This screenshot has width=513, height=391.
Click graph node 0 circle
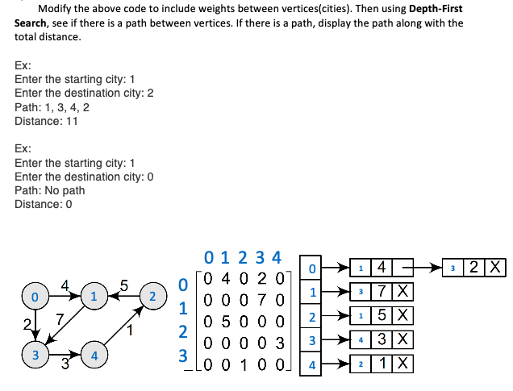[x=34, y=297]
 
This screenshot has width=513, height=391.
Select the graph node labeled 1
[x=94, y=297]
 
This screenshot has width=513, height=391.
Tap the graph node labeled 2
[x=152, y=297]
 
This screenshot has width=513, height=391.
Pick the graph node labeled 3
[x=34, y=354]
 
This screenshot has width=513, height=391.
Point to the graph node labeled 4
[x=94, y=354]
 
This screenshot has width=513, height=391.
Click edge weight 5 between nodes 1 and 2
[x=123, y=284]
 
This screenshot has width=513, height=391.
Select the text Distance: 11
[x=46, y=121]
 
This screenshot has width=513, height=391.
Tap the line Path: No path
[x=49, y=190]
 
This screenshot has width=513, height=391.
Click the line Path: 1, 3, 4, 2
[x=52, y=107]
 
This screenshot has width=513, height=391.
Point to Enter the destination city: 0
[x=84, y=177]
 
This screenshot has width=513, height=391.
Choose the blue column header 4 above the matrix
[x=276, y=258]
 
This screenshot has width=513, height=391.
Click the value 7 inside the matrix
[x=262, y=301]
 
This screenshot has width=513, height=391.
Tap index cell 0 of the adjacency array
[x=311, y=267]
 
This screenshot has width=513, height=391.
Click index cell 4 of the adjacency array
[x=311, y=365]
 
